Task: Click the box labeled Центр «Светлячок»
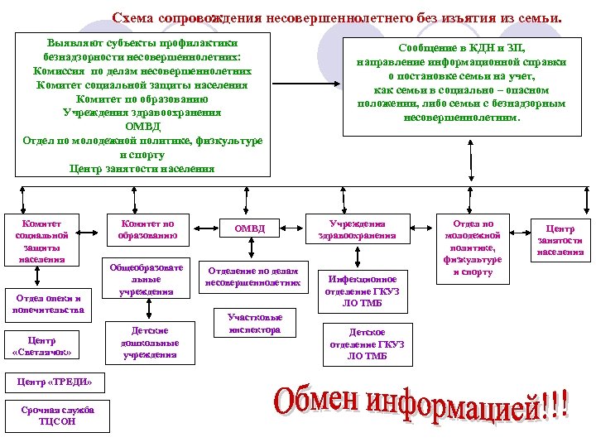pos(42,346)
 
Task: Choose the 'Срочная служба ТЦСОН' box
pos(57,415)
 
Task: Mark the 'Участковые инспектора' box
pos(255,323)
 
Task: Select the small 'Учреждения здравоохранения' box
pos(357,228)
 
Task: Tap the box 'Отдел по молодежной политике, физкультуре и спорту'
pos(473,248)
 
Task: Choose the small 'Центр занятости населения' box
pos(560,240)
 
